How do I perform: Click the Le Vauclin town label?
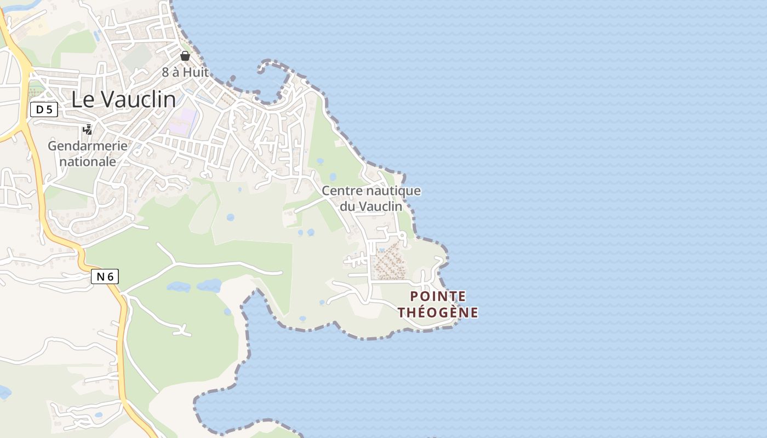point(124,100)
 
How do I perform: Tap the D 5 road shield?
point(44,109)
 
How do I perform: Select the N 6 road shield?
point(105,276)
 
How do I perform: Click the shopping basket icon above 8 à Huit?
point(185,55)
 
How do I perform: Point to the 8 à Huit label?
point(185,72)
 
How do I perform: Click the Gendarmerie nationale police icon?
point(87,130)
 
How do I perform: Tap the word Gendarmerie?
point(88,146)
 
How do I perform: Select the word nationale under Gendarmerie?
point(88,162)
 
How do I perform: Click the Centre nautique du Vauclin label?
point(371,198)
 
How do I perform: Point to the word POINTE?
point(438,297)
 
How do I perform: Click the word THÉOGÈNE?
point(438,313)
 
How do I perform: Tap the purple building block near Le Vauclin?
point(184,122)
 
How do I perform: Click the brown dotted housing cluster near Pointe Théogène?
point(389,262)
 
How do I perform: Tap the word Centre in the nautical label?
point(341,191)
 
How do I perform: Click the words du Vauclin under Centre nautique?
point(371,206)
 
